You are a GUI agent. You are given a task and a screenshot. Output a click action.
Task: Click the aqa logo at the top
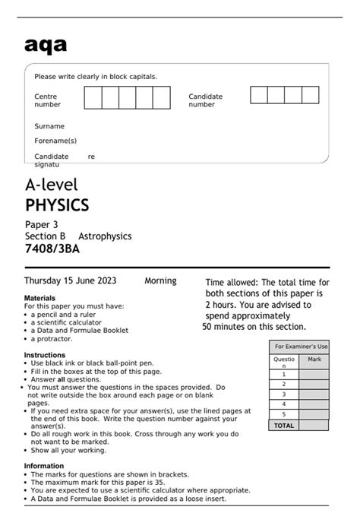tap(45, 45)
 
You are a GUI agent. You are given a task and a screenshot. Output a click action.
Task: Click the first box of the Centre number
tap(93, 98)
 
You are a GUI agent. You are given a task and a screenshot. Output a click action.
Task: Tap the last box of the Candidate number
tap(311, 94)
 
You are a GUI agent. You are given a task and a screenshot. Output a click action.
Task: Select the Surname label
tap(49, 126)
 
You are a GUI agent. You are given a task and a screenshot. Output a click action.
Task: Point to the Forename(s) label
tap(55, 141)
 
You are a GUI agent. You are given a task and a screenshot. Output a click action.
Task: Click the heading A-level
tap(52, 185)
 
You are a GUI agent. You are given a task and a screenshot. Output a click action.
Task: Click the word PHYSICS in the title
tap(57, 205)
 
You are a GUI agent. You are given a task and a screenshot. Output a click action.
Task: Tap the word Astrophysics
tap(105, 236)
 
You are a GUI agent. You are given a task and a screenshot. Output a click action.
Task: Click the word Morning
tap(160, 280)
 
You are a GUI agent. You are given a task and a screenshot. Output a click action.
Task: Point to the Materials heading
tap(39, 298)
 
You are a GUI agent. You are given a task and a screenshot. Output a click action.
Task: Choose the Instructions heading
tap(45, 355)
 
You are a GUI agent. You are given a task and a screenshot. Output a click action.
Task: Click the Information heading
tap(44, 466)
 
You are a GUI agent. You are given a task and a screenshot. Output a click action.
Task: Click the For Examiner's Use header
tap(301, 346)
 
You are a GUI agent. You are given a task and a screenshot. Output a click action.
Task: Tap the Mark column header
tap(314, 359)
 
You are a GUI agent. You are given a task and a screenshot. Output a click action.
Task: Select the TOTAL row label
tap(284, 426)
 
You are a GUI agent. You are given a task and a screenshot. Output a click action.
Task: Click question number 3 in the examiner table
tap(284, 394)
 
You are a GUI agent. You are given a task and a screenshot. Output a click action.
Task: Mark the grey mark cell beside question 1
tap(314, 374)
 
